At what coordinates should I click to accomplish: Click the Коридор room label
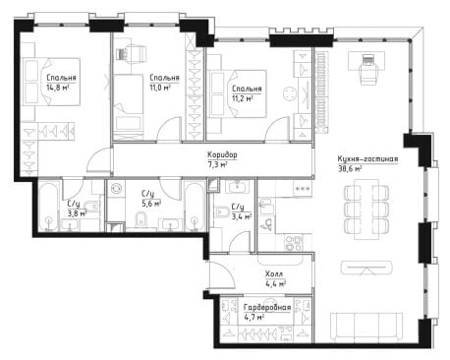point(222,154)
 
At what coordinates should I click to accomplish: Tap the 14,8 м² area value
point(58,88)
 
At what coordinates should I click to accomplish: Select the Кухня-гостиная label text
point(367,159)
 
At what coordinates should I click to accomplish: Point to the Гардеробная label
point(267,307)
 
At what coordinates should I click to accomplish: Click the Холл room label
point(274,273)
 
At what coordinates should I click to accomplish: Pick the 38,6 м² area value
point(350,169)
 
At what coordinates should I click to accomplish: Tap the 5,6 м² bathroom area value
point(151,204)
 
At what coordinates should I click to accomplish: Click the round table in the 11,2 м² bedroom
point(290,94)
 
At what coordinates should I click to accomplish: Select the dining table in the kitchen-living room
point(366,210)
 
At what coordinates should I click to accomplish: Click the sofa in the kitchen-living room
point(366,328)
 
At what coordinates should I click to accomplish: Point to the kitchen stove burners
point(294,244)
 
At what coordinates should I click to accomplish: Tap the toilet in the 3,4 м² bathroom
point(221,211)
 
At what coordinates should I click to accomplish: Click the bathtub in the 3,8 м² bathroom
point(48,207)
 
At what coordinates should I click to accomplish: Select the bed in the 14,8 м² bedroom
point(51,82)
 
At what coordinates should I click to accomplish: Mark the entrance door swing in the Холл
point(222,276)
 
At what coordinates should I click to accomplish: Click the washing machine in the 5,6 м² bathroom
point(116,188)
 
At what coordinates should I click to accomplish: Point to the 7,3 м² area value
point(217,164)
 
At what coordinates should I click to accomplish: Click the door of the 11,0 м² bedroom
point(170,130)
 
